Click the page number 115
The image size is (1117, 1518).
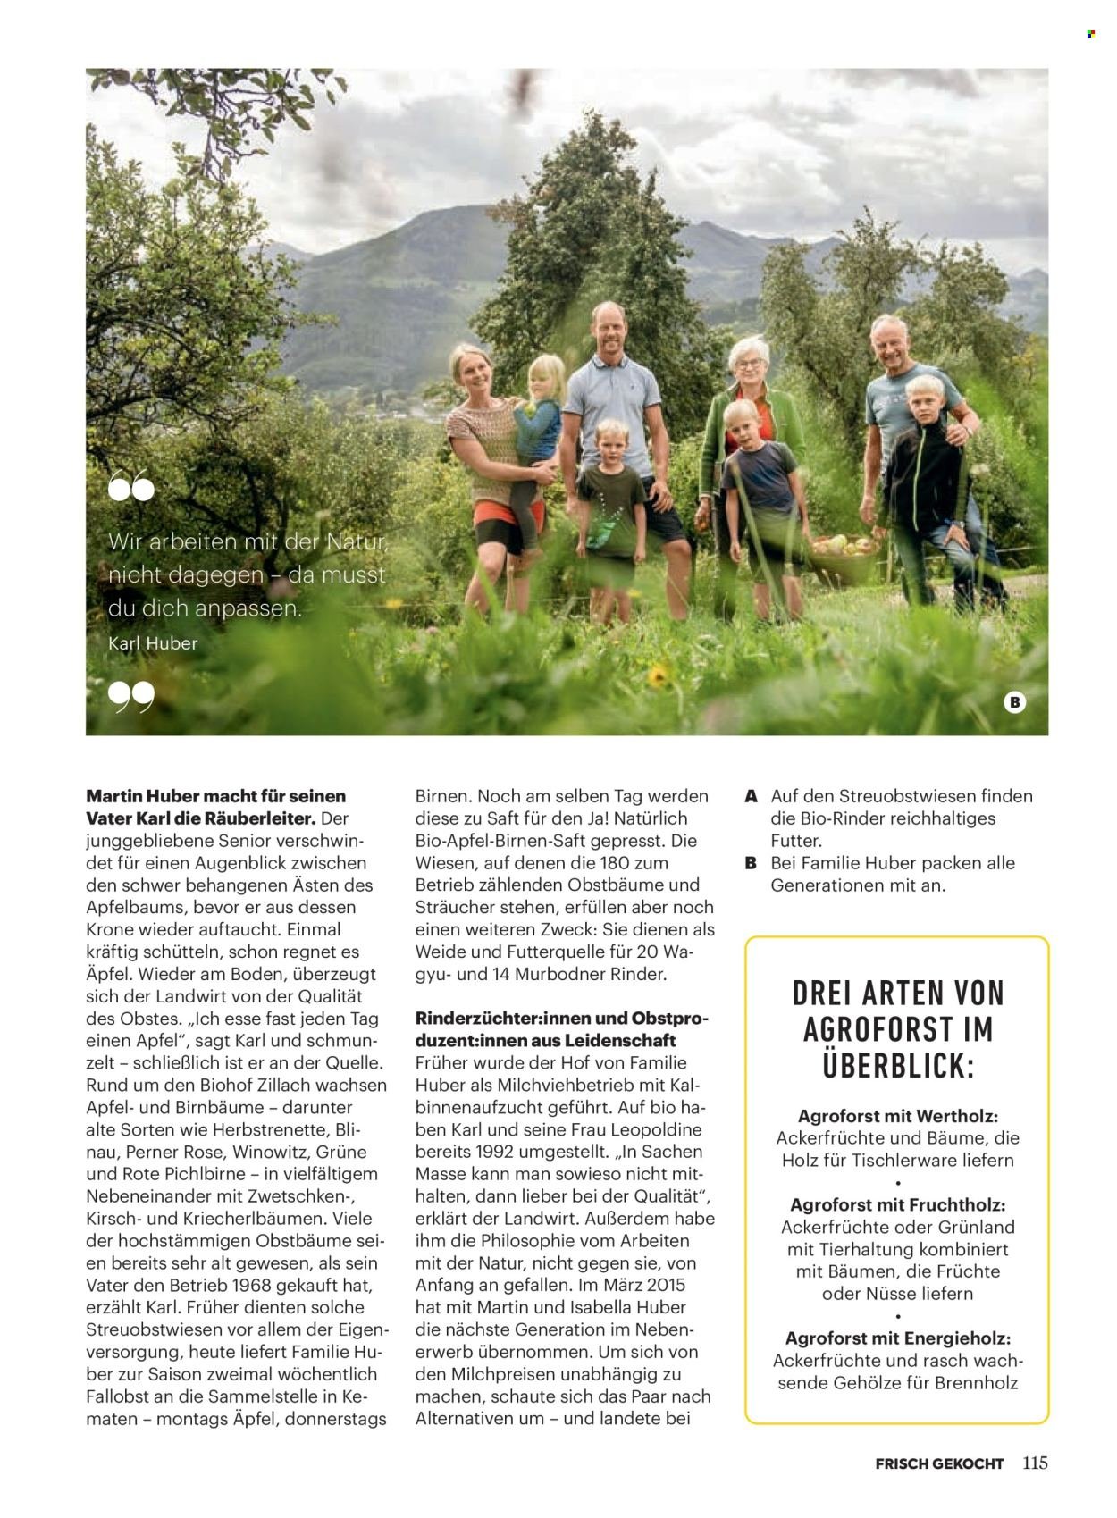pos(1035,1463)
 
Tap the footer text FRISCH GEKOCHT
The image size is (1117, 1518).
pos(939,1463)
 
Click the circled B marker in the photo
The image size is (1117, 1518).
pos(1014,702)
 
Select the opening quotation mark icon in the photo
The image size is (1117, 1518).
pos(130,487)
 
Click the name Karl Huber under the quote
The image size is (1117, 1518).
pos(153,642)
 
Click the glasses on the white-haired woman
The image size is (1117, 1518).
pos(749,364)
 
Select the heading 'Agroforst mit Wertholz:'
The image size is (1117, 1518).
pos(897,1116)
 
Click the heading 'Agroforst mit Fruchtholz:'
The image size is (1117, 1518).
pos(897,1205)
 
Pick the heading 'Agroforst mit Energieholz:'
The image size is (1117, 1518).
pos(897,1338)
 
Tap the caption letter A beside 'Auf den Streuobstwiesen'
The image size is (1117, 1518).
pos(752,796)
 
